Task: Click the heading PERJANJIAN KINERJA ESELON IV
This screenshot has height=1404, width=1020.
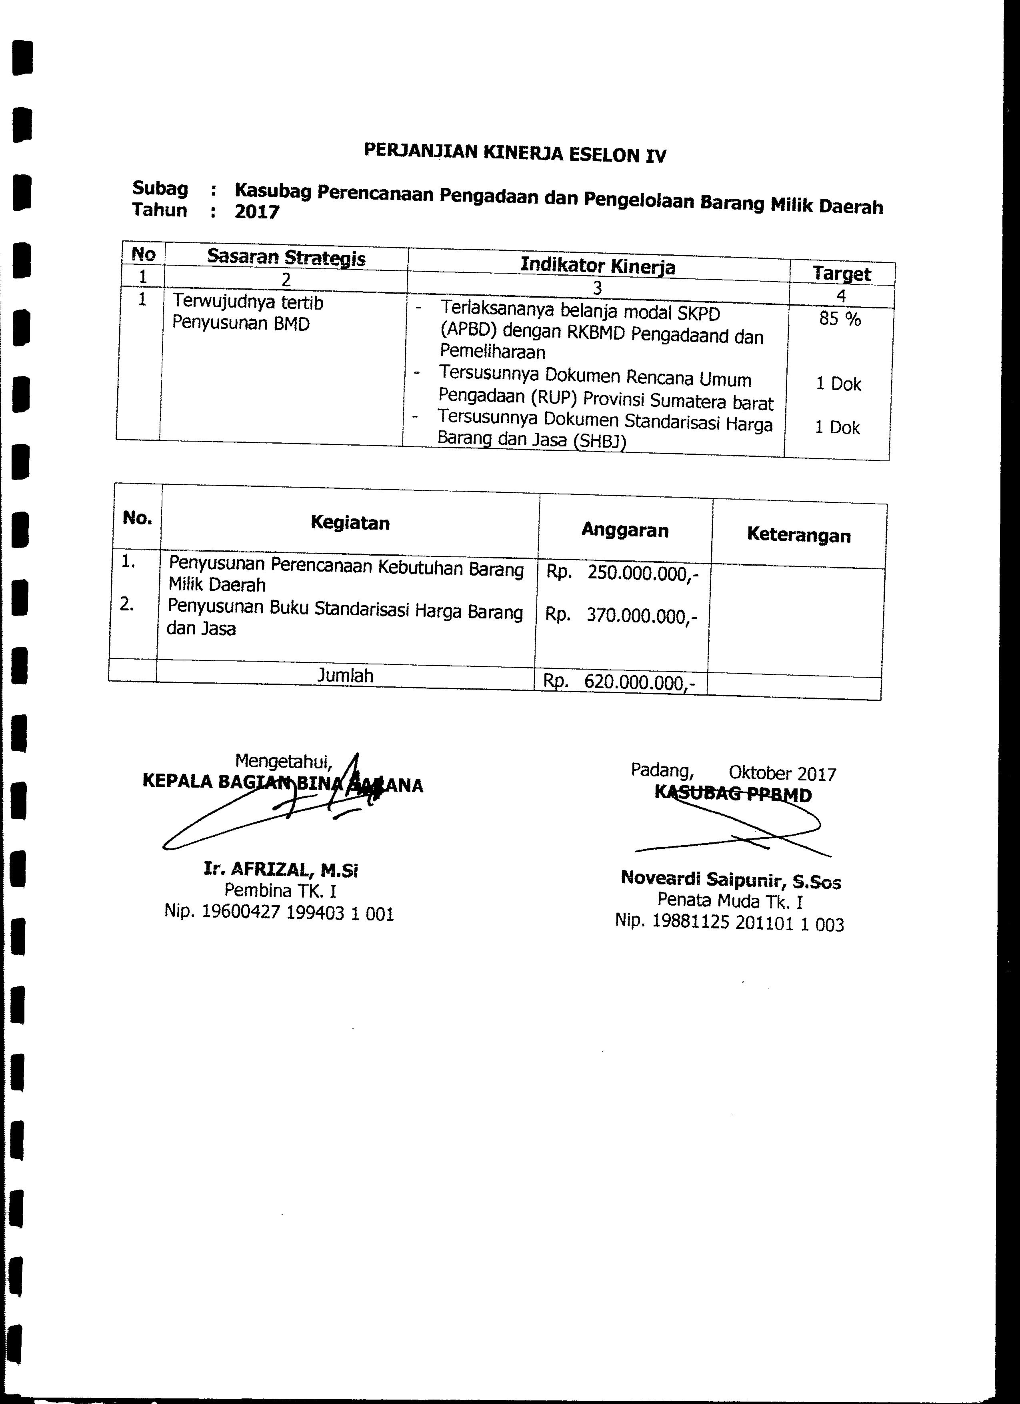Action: [x=514, y=152]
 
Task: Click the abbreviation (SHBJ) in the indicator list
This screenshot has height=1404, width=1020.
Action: [x=599, y=442]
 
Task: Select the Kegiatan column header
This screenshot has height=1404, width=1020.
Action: [x=350, y=522]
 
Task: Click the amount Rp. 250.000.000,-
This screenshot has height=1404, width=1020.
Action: [x=622, y=573]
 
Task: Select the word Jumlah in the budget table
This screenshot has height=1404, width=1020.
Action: [x=345, y=675]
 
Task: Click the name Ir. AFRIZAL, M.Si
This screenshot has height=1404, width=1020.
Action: [x=281, y=870]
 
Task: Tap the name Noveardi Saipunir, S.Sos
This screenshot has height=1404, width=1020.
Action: [x=730, y=879]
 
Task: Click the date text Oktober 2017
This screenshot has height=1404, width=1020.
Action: [x=782, y=773]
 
